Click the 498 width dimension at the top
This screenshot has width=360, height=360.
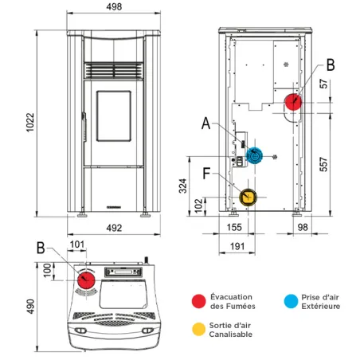(114, 6)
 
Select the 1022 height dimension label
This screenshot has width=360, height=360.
(30, 123)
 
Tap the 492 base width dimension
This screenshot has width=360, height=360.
(114, 228)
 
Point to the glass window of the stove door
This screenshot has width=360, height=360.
(114, 115)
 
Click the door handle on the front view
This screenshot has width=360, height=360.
(84, 127)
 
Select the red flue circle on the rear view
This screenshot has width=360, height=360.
(293, 102)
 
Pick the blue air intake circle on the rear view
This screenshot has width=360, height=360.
(254, 155)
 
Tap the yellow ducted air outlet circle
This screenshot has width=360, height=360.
(248, 198)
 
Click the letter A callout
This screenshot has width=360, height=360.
(206, 123)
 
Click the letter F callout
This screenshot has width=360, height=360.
(206, 174)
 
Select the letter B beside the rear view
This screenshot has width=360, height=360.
(331, 65)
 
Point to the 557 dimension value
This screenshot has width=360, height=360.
(323, 164)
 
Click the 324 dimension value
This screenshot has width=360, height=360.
(182, 186)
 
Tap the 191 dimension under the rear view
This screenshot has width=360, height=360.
(237, 246)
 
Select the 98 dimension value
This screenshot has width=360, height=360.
(303, 227)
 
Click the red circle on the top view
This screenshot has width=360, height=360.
(86, 280)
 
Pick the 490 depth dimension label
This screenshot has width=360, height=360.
(30, 307)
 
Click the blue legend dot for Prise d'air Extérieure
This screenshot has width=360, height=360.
(291, 301)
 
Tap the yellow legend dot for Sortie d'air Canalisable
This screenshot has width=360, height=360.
(199, 329)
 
